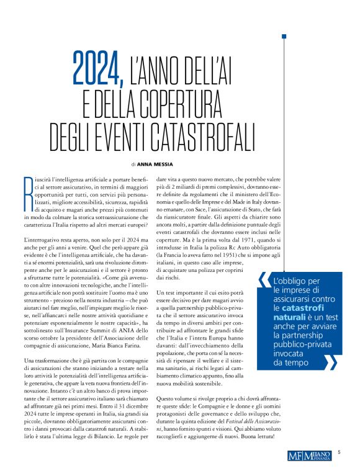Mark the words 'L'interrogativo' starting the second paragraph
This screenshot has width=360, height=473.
point(42,240)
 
